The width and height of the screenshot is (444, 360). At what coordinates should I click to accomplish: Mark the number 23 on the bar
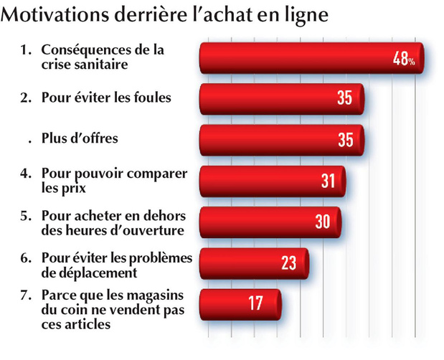288,263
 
